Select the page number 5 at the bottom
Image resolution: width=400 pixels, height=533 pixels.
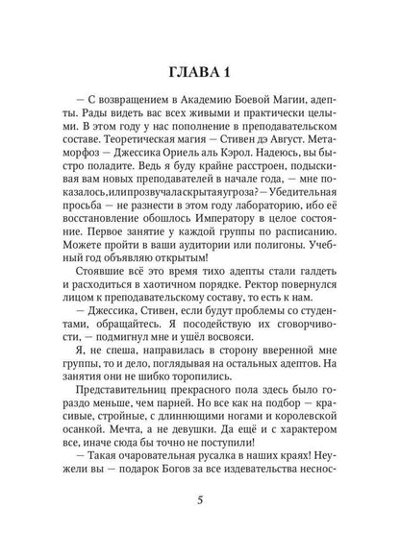199,499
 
